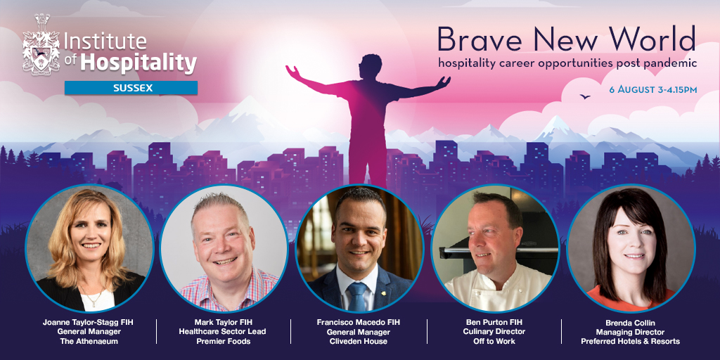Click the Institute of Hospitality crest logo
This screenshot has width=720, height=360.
click(x=41, y=44)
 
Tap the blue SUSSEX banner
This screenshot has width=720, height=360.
click(x=131, y=88)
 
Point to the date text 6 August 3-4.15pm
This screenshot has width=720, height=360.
click(x=653, y=89)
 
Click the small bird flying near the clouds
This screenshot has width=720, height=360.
click(x=584, y=96)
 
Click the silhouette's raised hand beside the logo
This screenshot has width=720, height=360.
click(x=292, y=72)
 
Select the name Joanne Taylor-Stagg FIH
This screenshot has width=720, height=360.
click(x=88, y=322)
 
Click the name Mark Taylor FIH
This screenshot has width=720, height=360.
click(x=223, y=322)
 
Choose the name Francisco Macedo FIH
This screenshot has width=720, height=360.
click(x=358, y=322)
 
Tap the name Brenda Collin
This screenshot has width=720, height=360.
click(x=630, y=322)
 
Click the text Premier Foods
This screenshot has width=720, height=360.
click(x=223, y=341)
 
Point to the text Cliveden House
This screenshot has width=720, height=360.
click(x=358, y=341)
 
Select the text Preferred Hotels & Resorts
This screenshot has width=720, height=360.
click(x=630, y=341)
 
